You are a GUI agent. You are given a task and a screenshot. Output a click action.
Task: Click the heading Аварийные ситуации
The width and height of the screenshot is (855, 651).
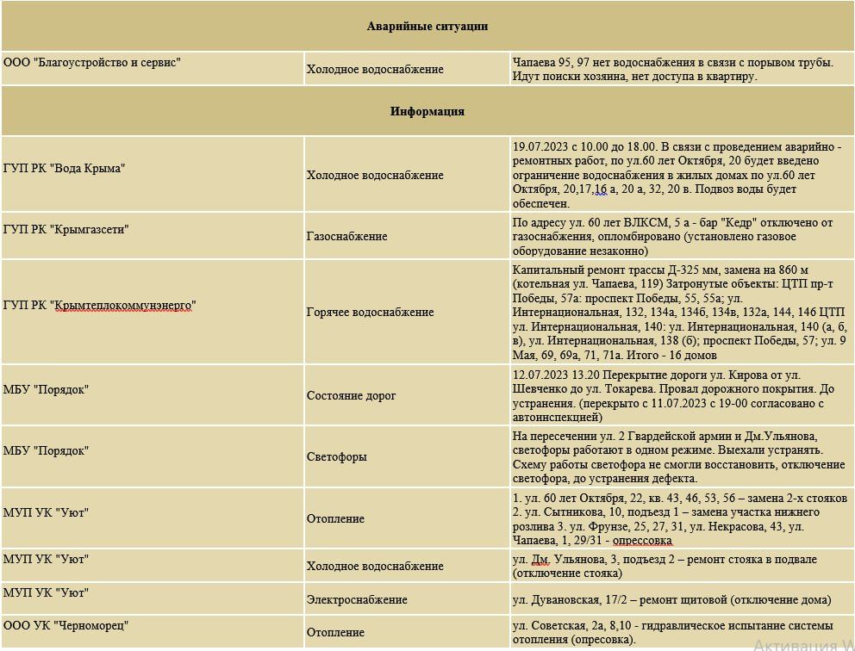(x=427, y=26)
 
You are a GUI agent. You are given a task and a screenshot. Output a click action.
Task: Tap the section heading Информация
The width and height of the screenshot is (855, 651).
(x=427, y=111)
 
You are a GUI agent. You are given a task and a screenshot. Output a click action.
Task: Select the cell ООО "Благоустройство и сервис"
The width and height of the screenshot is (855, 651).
(x=92, y=62)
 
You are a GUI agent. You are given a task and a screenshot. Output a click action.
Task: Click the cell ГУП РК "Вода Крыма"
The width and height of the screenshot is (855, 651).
(x=64, y=169)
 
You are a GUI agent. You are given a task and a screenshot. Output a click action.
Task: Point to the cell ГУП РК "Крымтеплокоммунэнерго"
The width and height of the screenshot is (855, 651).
(x=99, y=305)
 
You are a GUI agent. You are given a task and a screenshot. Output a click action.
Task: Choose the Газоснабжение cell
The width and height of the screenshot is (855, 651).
(x=347, y=236)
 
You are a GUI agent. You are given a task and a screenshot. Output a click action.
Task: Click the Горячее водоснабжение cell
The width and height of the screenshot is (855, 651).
(x=370, y=312)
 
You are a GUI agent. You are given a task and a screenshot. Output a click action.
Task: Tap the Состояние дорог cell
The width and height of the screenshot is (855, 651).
(x=352, y=395)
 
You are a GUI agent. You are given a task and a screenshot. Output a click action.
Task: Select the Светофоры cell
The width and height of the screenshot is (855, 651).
(x=337, y=456)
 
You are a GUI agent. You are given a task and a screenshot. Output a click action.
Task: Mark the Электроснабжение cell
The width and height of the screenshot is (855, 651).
(x=357, y=599)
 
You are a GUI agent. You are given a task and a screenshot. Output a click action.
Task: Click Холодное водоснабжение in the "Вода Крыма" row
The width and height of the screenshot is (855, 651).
(x=375, y=175)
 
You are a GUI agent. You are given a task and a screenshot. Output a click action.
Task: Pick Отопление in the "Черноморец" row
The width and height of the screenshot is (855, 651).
(x=335, y=632)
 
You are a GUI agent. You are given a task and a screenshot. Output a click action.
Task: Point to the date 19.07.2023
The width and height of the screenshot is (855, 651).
(x=540, y=146)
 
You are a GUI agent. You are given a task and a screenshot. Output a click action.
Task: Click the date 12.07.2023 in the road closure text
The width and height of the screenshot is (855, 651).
(x=540, y=375)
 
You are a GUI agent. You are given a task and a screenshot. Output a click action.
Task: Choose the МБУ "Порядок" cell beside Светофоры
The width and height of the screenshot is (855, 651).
(x=46, y=450)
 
